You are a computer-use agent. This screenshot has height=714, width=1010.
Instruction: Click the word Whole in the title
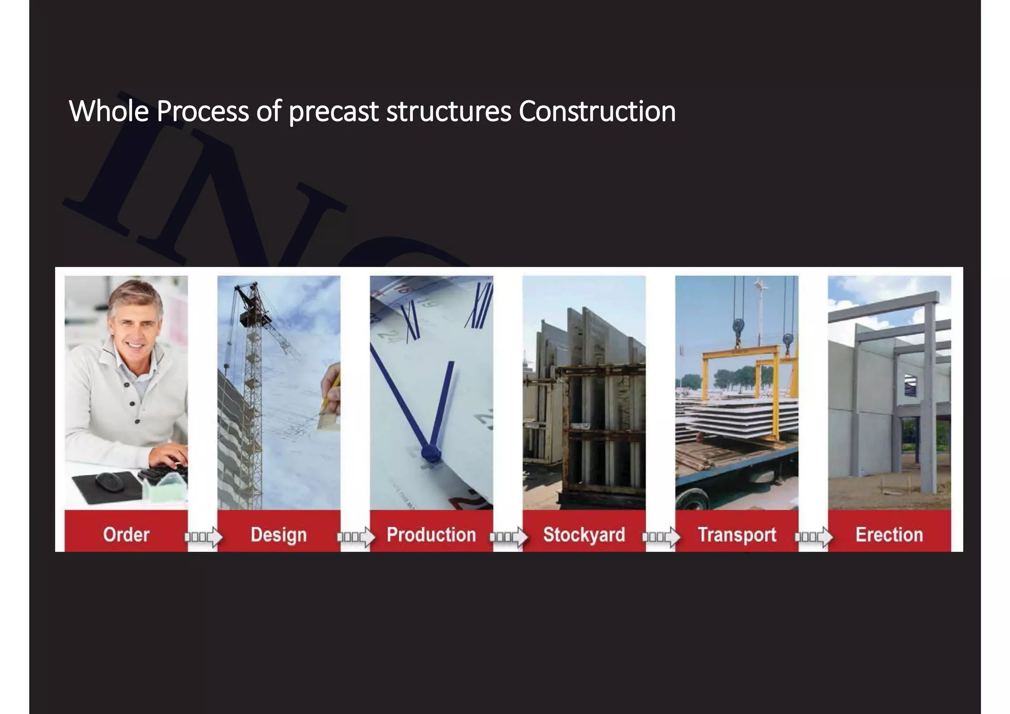pos(108,111)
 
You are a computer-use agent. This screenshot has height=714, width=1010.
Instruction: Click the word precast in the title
pos(333,111)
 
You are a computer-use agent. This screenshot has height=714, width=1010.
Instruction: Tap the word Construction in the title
pos(597,111)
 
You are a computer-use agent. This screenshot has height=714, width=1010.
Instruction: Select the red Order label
pos(126,535)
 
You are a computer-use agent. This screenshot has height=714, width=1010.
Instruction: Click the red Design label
pos(279,535)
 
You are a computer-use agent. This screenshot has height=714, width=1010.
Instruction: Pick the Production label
pos(431,535)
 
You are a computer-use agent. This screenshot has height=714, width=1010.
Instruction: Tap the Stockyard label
pos(584,535)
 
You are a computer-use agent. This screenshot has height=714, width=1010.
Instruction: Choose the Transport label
pos(737,535)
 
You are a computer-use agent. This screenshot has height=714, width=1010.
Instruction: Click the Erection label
pos(889,535)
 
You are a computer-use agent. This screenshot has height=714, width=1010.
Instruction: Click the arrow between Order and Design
pos(203,536)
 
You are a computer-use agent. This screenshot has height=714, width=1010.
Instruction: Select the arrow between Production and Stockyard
pos(508,536)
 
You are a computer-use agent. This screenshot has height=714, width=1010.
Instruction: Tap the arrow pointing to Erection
pos(814,536)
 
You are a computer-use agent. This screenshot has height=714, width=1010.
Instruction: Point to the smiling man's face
pos(134,325)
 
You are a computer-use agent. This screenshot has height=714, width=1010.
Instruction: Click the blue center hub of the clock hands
pos(430,453)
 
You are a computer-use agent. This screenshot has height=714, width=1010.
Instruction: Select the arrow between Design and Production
pos(356,536)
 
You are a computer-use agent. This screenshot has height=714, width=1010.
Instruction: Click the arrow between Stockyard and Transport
pos(661,536)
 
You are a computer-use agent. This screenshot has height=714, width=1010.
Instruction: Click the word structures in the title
pos(448,111)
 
